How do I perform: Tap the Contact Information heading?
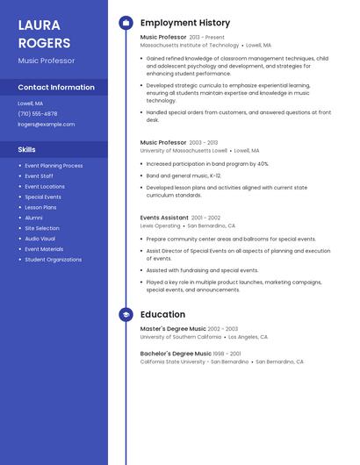tap(56, 88)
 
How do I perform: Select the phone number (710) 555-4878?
tap(38, 114)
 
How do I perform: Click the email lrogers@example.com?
tap(46, 125)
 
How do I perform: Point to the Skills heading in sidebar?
tap(26, 149)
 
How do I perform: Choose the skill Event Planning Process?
tap(54, 166)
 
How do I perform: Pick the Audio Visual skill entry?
tap(40, 239)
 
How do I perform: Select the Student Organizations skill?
tap(53, 260)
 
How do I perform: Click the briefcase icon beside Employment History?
tap(126, 23)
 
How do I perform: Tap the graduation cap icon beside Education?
tap(126, 314)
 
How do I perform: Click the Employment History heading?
tap(185, 23)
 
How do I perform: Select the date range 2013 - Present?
tap(207, 38)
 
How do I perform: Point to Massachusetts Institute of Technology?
tap(189, 45)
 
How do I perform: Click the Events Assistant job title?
tap(164, 218)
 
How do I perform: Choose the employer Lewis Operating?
tap(160, 225)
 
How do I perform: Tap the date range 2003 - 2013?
tap(204, 142)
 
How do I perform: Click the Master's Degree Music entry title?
tap(173, 329)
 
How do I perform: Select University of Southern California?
tap(181, 337)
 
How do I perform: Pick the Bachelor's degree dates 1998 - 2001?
tap(225, 354)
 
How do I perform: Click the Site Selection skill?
tap(42, 228)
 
